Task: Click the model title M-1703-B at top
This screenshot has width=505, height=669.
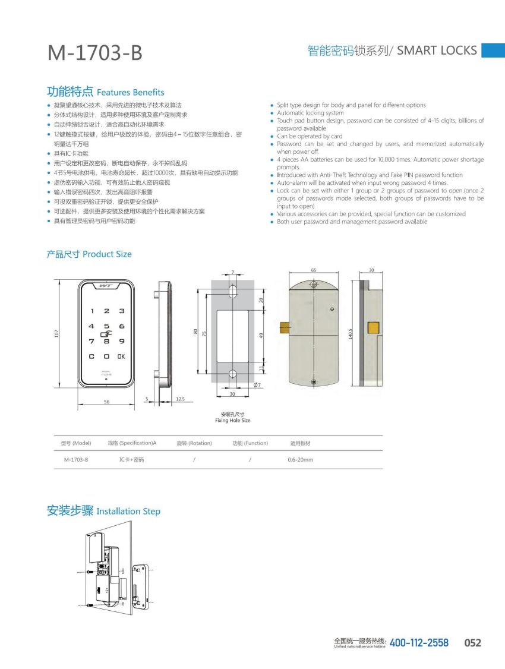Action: click(95, 53)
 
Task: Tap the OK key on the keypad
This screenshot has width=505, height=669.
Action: click(121, 356)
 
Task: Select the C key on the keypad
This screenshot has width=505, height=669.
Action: click(91, 356)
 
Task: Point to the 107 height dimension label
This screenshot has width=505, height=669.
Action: click(57, 334)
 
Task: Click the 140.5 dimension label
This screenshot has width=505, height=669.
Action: click(351, 334)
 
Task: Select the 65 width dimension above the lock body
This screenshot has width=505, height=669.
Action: click(313, 270)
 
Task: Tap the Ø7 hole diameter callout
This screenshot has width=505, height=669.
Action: click(258, 385)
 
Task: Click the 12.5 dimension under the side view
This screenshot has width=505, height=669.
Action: click(180, 399)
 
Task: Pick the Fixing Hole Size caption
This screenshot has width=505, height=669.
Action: click(232, 421)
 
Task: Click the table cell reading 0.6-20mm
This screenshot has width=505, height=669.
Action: click(300, 460)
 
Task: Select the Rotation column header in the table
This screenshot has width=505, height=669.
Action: click(194, 443)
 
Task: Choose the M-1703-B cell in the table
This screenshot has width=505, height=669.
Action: click(75, 460)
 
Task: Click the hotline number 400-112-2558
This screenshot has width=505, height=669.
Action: click(419, 643)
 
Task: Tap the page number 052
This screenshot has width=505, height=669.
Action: click(472, 643)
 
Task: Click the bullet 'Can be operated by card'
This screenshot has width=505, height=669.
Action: click(310, 136)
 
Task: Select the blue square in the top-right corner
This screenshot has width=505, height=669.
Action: click(493, 51)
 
